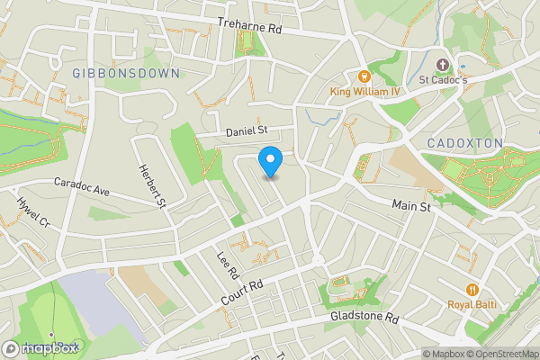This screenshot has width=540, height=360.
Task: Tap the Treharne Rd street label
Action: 250,28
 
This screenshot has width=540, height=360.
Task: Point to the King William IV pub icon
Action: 364,76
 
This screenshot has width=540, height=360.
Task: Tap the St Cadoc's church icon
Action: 442,65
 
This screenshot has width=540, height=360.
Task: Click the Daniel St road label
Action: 247,131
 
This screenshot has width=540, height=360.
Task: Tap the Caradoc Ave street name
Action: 81,186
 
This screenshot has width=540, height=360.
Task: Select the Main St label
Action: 412,206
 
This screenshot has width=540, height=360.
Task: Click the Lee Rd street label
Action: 226,264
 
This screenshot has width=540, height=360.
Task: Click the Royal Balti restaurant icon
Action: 472,289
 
